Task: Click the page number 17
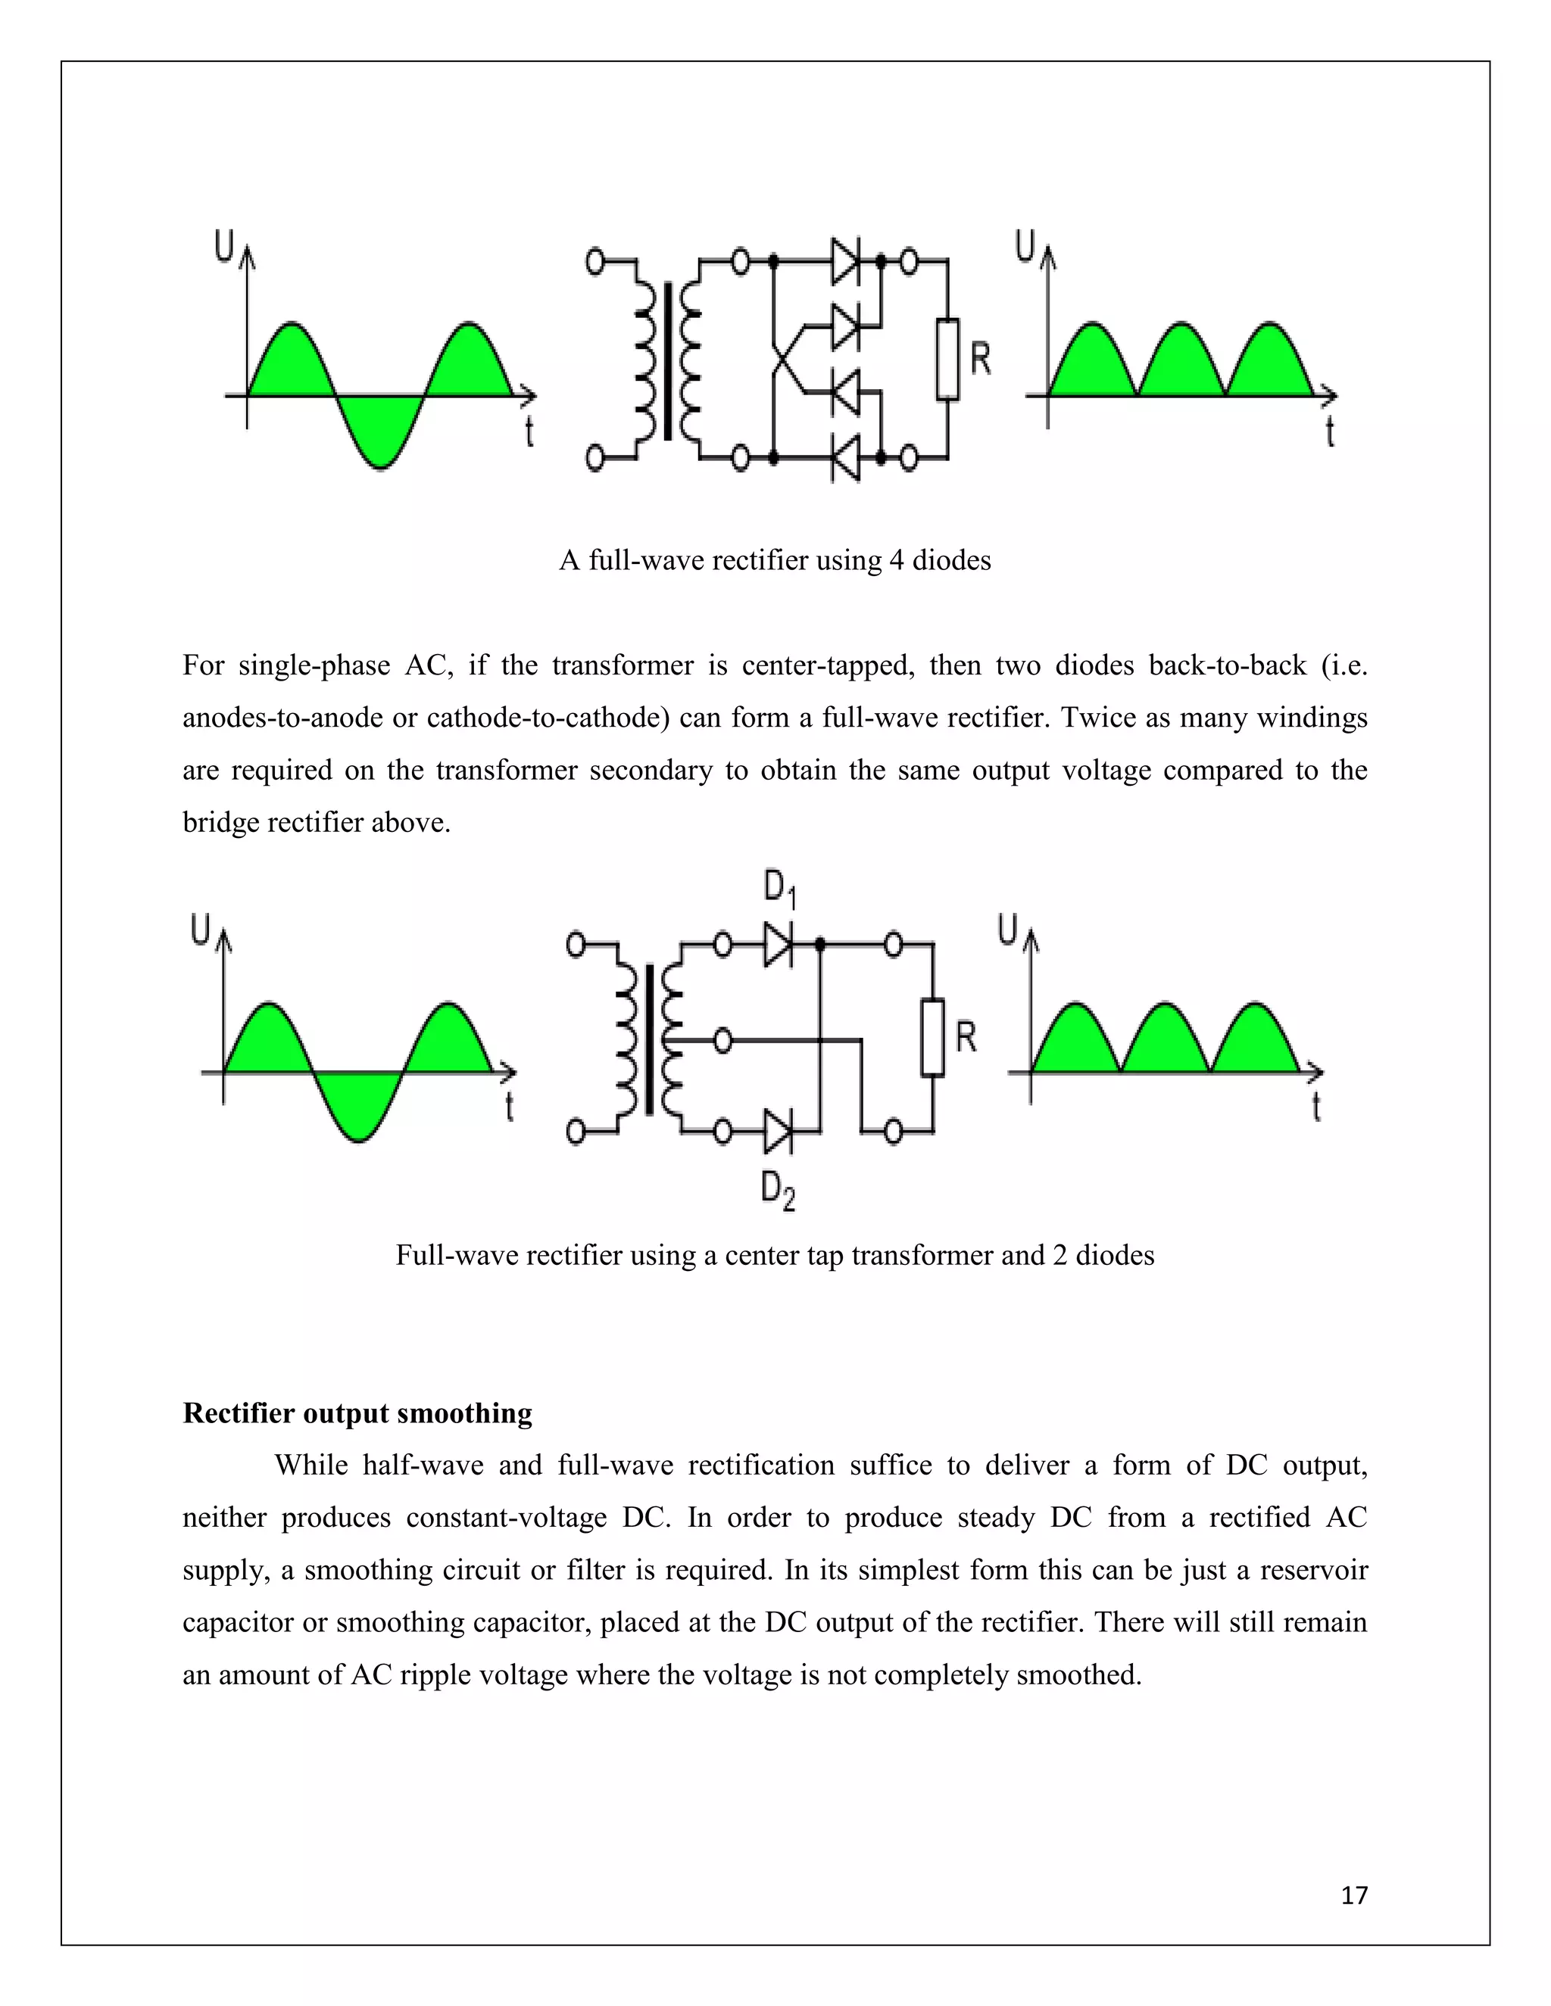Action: (x=1354, y=1895)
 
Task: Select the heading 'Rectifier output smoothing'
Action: (x=357, y=1413)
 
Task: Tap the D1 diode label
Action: (x=779, y=888)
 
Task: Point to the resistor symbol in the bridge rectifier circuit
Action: (x=947, y=359)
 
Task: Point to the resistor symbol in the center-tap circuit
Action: (x=932, y=1036)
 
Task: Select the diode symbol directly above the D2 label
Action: (x=777, y=1132)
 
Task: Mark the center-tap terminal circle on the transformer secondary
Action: (x=723, y=1041)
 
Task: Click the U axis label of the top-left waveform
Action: (x=223, y=245)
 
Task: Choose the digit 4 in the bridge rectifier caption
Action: (x=897, y=559)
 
